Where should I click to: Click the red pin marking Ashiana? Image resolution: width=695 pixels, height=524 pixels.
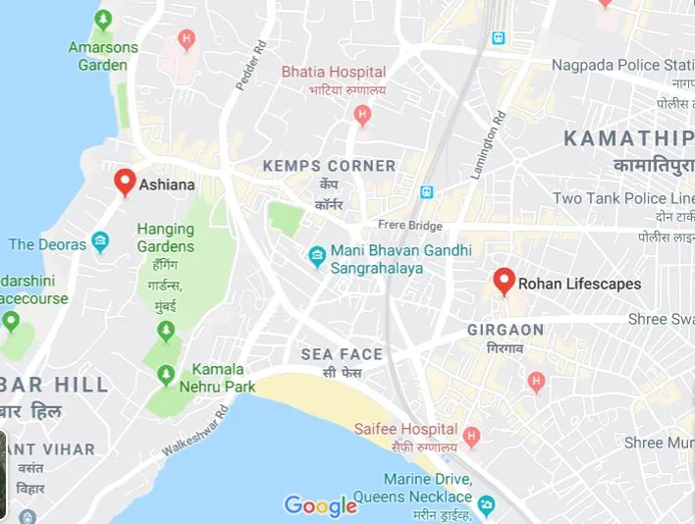click(x=125, y=182)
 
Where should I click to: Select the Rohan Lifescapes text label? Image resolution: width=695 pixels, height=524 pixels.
click(x=579, y=284)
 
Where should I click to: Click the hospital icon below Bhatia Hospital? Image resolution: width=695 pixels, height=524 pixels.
click(x=362, y=116)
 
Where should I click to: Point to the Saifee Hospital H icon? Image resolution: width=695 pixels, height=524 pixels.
click(x=471, y=435)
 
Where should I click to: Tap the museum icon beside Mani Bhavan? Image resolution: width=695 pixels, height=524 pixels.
click(x=317, y=257)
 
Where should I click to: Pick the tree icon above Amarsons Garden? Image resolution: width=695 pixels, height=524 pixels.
click(x=103, y=20)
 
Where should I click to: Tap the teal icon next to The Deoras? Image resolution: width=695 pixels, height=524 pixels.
click(x=100, y=242)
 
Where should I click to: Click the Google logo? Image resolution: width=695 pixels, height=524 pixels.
click(x=320, y=506)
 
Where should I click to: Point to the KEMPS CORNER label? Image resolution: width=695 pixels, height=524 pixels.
click(x=329, y=166)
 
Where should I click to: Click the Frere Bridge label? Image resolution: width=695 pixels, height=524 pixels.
click(x=410, y=226)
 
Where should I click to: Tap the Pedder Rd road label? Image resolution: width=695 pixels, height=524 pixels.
click(x=251, y=65)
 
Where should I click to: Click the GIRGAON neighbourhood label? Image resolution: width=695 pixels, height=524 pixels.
click(x=506, y=329)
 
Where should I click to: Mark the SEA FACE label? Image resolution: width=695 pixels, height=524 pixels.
click(x=342, y=354)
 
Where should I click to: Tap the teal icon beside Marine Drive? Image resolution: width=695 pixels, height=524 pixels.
click(x=487, y=505)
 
